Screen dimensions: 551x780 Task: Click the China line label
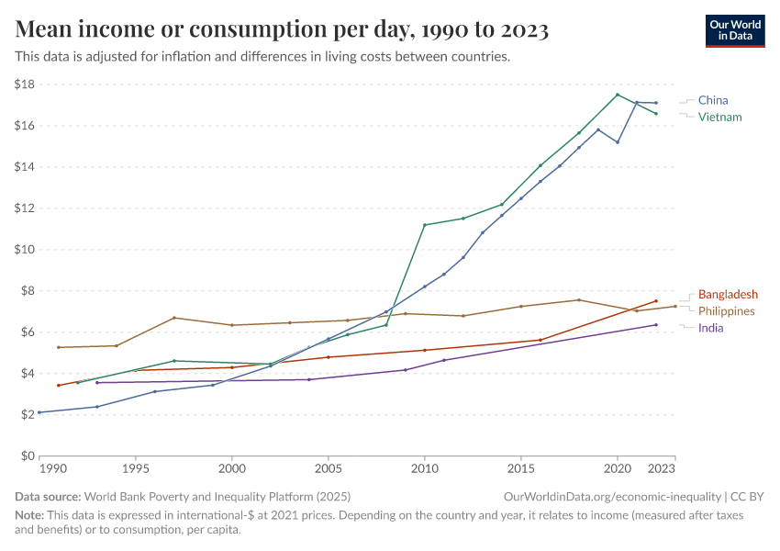click(x=713, y=100)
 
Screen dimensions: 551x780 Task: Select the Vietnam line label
click(x=719, y=117)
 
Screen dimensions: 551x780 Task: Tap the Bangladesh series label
click(x=728, y=294)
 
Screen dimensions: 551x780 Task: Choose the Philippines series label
click(x=726, y=310)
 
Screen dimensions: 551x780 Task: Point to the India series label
click(x=711, y=327)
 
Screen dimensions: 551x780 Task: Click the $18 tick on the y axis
click(x=25, y=84)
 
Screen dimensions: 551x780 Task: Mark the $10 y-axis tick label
click(x=25, y=250)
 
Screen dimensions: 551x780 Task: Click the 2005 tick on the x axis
click(x=329, y=469)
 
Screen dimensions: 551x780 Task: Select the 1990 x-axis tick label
click(x=54, y=469)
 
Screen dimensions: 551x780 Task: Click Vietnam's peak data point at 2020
click(x=618, y=95)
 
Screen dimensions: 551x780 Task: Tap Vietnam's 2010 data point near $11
click(x=425, y=225)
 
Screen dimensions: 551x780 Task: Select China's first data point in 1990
click(x=39, y=412)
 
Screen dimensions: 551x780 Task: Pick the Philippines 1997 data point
click(x=174, y=318)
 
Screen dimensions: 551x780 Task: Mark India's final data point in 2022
click(x=656, y=325)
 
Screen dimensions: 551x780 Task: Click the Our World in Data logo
click(x=734, y=30)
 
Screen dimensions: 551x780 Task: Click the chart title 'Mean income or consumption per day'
click(x=282, y=30)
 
